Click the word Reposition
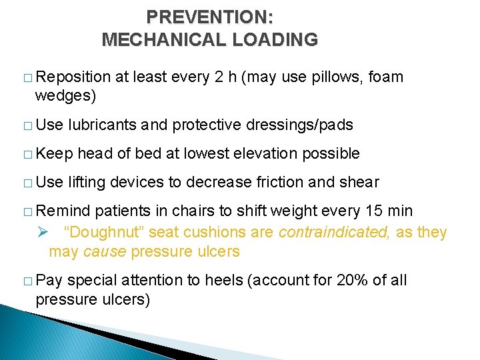tap(73, 77)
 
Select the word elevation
tap(269, 153)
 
